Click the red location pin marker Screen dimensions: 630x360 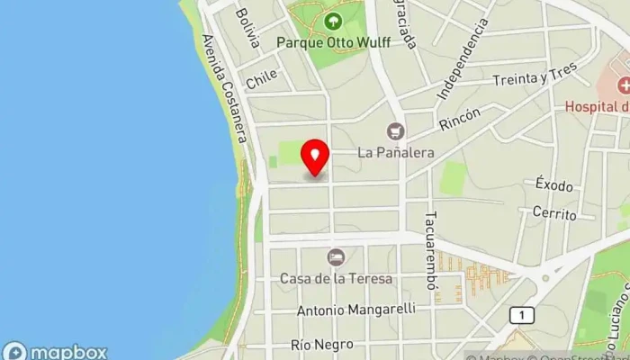tap(314, 157)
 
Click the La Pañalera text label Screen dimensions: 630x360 tap(395, 152)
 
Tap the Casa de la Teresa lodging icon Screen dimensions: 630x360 tap(336, 257)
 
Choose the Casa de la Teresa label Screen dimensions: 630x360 tap(336, 278)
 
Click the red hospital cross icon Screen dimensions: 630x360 tap(623, 86)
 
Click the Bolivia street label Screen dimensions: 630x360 tap(247, 28)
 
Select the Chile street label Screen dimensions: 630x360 tap(261, 79)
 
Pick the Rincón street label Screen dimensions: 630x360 tap(461, 119)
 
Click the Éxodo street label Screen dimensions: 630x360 tap(553, 185)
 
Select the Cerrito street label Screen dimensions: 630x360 tap(553, 213)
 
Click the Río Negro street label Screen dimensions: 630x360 tap(316, 345)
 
